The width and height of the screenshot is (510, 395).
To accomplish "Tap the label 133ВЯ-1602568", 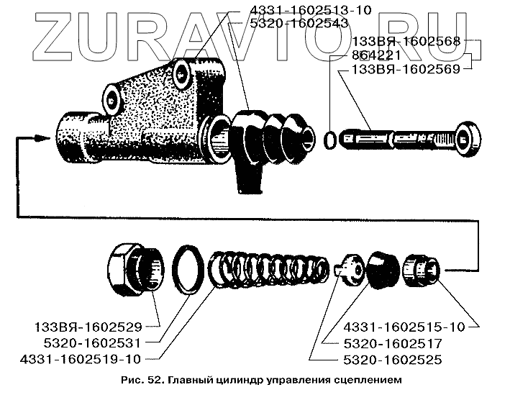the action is tap(408, 41).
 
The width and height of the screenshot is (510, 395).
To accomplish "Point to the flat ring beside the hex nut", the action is tap(190, 269).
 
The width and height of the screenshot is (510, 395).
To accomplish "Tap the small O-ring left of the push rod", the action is tap(330, 140).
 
